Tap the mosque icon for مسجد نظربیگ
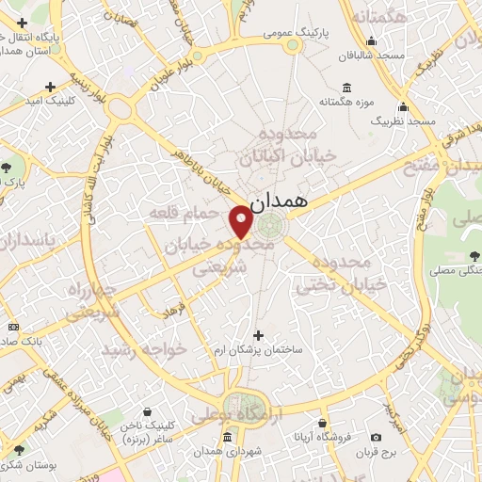tap(403, 106)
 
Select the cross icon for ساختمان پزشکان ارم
tap(259, 333)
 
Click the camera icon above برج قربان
tap(378, 437)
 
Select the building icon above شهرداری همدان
tap(227, 438)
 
